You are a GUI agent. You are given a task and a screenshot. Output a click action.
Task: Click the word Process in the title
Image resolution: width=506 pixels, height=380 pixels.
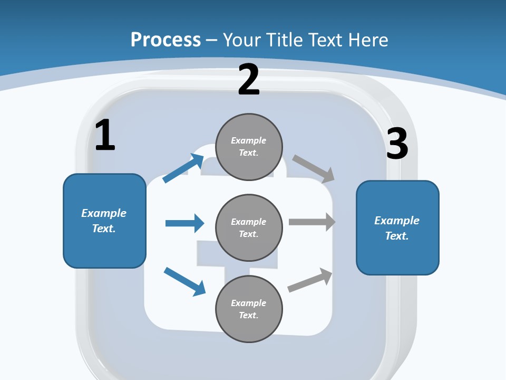pyautogui.click(x=166, y=40)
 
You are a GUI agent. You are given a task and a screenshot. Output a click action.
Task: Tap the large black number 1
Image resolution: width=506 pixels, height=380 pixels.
pyautogui.click(x=105, y=136)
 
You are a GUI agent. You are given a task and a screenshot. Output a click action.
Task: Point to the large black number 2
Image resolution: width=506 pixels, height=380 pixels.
pyautogui.click(x=249, y=80)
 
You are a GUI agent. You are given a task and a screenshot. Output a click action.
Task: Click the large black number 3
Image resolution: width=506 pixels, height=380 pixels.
pyautogui.click(x=397, y=144)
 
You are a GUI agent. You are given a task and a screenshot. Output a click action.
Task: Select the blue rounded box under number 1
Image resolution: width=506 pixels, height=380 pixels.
pyautogui.click(x=104, y=221)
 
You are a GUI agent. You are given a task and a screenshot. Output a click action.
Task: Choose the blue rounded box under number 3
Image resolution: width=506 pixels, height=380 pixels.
pyautogui.click(x=397, y=227)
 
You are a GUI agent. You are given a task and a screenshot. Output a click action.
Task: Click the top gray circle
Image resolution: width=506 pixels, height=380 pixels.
pyautogui.click(x=249, y=147)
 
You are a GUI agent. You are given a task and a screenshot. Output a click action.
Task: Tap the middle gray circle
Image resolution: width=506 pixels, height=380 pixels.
pyautogui.click(x=249, y=227)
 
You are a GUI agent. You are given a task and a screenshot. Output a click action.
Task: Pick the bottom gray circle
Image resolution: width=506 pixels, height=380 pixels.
pyautogui.click(x=249, y=309)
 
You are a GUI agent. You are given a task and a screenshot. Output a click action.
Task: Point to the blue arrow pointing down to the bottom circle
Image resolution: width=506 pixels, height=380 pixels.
pyautogui.click(x=185, y=281)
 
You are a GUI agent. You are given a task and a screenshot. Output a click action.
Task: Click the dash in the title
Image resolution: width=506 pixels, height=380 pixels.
pyautogui.click(x=212, y=40)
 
